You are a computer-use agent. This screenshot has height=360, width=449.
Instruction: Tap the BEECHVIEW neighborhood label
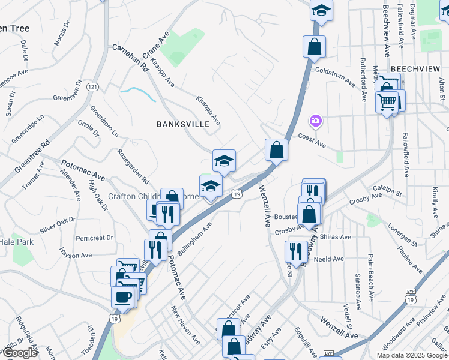(415, 70)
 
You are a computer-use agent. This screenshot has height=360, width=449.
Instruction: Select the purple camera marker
(315, 122)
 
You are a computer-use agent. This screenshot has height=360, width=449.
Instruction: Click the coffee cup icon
(122, 297)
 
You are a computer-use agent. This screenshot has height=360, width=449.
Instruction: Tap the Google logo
(19, 353)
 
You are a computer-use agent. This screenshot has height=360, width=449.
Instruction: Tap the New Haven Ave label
(185, 325)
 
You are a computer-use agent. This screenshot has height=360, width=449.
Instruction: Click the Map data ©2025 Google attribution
(411, 355)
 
